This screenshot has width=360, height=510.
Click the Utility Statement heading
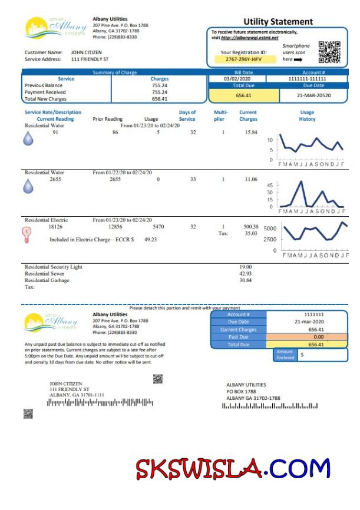tap(278, 22)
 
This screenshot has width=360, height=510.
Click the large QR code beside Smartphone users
tap(329, 52)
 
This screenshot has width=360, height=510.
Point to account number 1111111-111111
tap(307, 78)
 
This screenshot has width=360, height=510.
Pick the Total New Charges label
tap(45, 99)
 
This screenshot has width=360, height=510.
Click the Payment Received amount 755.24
tap(159, 92)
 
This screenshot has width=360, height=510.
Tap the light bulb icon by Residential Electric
tap(26, 234)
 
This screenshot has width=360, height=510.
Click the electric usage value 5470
tap(158, 226)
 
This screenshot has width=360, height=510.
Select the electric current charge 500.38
tap(250, 226)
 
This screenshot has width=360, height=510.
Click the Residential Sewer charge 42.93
tap(245, 273)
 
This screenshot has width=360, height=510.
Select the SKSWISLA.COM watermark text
tap(233, 468)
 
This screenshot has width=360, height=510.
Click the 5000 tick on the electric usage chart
tap(270, 228)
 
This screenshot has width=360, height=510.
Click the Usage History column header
tap(306, 115)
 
